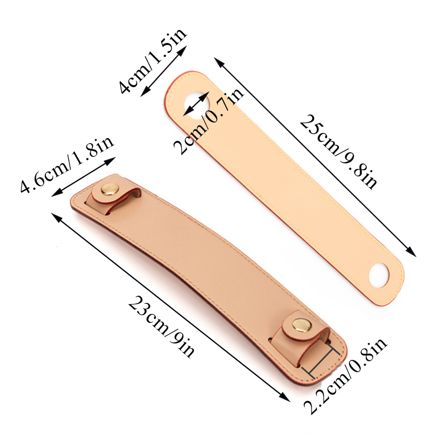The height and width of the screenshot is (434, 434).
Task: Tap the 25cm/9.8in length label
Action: pyautogui.click(x=338, y=151)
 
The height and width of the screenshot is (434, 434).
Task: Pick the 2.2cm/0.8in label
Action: pyautogui.click(x=345, y=375)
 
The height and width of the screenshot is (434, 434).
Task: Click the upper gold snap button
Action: pyautogui.click(x=110, y=189)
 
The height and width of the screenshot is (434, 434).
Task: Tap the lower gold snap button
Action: pyautogui.click(x=302, y=325)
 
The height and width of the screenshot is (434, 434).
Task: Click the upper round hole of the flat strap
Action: pyautogui.click(x=197, y=104)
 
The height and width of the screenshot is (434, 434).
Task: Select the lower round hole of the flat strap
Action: pyautogui.click(x=379, y=275)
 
